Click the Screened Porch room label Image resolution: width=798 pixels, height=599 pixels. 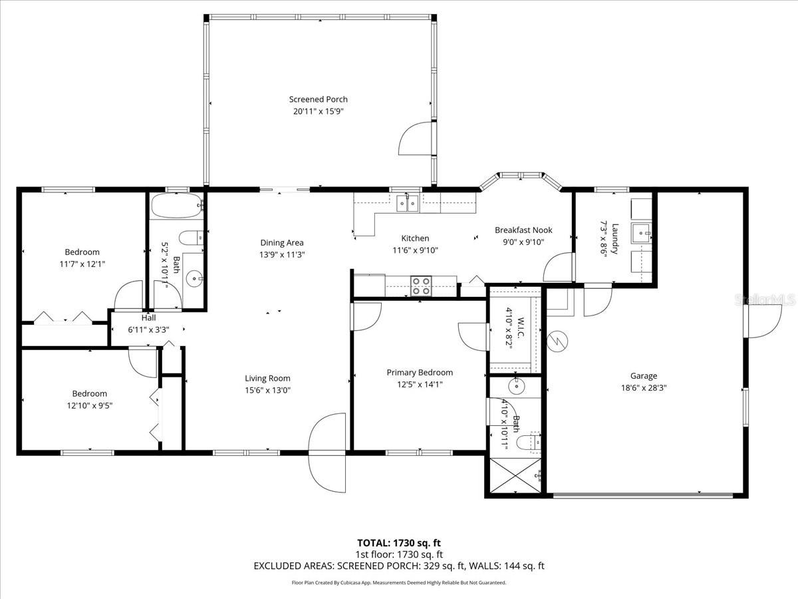(318, 99)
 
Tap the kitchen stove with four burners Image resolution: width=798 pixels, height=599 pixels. (421, 286)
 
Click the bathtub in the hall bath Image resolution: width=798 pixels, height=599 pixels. (176, 206)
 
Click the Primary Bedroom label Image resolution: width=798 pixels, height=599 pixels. (420, 372)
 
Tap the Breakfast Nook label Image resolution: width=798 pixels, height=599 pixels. (523, 230)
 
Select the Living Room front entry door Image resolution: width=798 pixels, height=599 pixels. (327, 445)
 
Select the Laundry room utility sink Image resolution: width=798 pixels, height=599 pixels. (641, 232)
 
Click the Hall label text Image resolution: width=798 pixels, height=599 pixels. (148, 317)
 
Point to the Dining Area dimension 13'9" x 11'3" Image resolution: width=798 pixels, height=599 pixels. (282, 254)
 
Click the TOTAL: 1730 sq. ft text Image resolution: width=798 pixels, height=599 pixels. (399, 542)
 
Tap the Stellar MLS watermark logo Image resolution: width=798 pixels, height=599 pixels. (765, 300)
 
